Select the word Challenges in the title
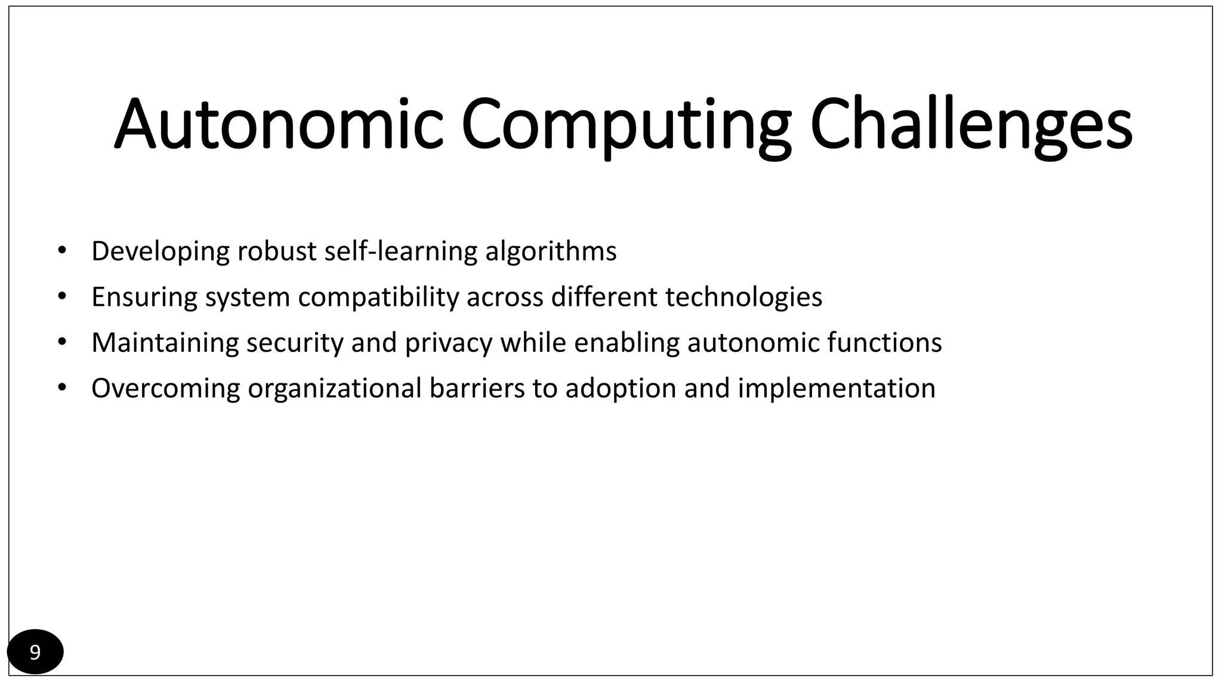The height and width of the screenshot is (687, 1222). [971, 125]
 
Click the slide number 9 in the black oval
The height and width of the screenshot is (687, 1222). [35, 652]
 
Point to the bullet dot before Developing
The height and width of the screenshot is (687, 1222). [61, 250]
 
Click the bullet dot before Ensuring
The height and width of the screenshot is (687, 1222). [61, 296]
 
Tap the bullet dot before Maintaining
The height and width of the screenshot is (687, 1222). [61, 342]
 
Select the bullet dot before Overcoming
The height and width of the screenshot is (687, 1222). [61, 388]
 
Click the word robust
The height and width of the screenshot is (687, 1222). [276, 251]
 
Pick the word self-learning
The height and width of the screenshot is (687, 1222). [400, 251]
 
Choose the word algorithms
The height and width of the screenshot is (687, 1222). [551, 251]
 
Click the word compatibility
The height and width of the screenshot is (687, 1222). [378, 297]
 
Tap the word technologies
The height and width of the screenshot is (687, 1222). [743, 297]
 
